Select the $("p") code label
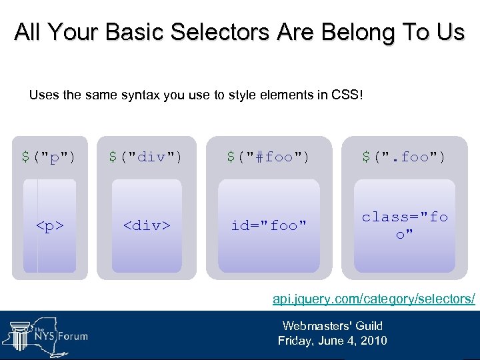(49, 157)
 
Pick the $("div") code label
(145, 157)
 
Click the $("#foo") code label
(268, 157)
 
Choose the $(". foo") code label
(404, 157)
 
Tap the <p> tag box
(50, 226)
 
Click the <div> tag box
(146, 226)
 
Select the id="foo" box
(269, 226)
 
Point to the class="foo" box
(405, 226)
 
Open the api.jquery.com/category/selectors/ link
(374, 299)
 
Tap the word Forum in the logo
(71, 336)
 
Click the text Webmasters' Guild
(332, 326)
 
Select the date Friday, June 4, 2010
(332, 341)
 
